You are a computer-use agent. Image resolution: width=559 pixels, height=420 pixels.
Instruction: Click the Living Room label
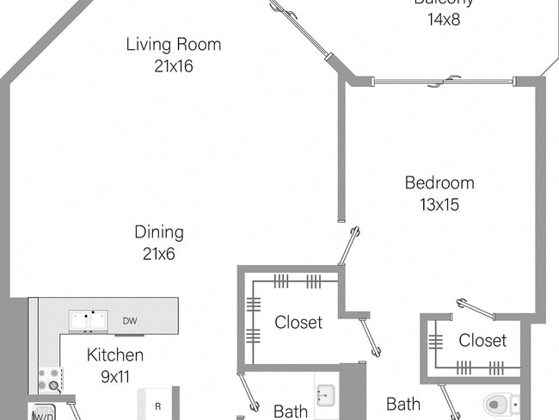pyautogui.click(x=173, y=44)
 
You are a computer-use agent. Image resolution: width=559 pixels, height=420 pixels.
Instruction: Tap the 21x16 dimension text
pyautogui.click(x=173, y=65)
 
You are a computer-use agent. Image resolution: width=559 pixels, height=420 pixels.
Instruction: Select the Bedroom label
pyautogui.click(x=439, y=182)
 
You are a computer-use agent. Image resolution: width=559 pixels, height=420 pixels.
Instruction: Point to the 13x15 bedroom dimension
pyautogui.click(x=439, y=205)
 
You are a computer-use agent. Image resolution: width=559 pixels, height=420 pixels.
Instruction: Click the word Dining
pyautogui.click(x=159, y=232)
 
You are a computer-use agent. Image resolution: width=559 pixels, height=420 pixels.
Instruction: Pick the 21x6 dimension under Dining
pyautogui.click(x=159, y=253)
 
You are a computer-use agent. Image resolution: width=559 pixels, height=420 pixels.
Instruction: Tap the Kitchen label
pyautogui.click(x=114, y=355)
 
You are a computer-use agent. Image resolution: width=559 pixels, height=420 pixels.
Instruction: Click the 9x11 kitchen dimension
pyautogui.click(x=114, y=376)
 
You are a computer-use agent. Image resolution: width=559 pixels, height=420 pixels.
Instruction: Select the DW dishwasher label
pyautogui.click(x=130, y=321)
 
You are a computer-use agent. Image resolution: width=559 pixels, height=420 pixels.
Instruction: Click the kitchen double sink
pyautogui.click(x=89, y=321)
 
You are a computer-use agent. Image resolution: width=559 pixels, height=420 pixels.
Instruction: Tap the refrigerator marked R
pyautogui.click(x=157, y=405)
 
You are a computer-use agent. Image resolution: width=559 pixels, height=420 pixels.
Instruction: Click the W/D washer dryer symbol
pyautogui.click(x=43, y=414)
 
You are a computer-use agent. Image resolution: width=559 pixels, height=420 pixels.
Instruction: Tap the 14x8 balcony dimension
pyautogui.click(x=443, y=17)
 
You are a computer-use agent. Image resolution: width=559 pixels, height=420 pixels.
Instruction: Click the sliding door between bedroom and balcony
pyautogui.click(x=445, y=82)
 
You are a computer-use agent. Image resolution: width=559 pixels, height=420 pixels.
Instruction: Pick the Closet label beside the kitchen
pyautogui.click(x=298, y=322)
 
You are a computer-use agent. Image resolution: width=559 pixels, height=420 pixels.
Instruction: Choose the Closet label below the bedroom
pyautogui.click(x=482, y=340)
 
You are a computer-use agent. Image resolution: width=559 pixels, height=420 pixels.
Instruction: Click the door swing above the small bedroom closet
pyautogui.click(x=475, y=308)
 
